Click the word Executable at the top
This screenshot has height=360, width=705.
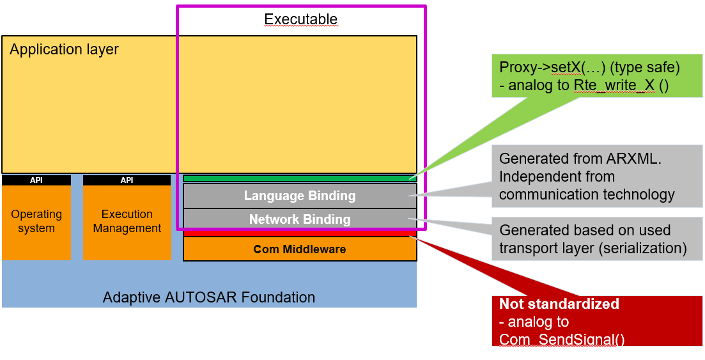[300, 19]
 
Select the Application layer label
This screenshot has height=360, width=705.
[64, 49]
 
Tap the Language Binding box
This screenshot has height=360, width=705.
[300, 196]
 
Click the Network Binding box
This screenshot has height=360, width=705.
[300, 219]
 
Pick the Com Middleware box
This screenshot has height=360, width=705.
[300, 249]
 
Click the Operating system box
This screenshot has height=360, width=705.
[36, 222]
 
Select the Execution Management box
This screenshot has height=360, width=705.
[127, 222]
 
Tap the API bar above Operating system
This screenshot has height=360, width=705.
[36, 180]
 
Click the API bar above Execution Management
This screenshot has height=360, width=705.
[127, 180]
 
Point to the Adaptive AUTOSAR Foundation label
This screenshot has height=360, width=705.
[209, 297]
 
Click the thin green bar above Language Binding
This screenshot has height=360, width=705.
[300, 178]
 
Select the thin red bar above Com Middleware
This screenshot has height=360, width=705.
[300, 234]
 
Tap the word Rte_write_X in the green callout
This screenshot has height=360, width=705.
[614, 85]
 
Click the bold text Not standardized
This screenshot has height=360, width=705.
[559, 304]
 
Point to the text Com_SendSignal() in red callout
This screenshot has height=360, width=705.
[562, 340]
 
